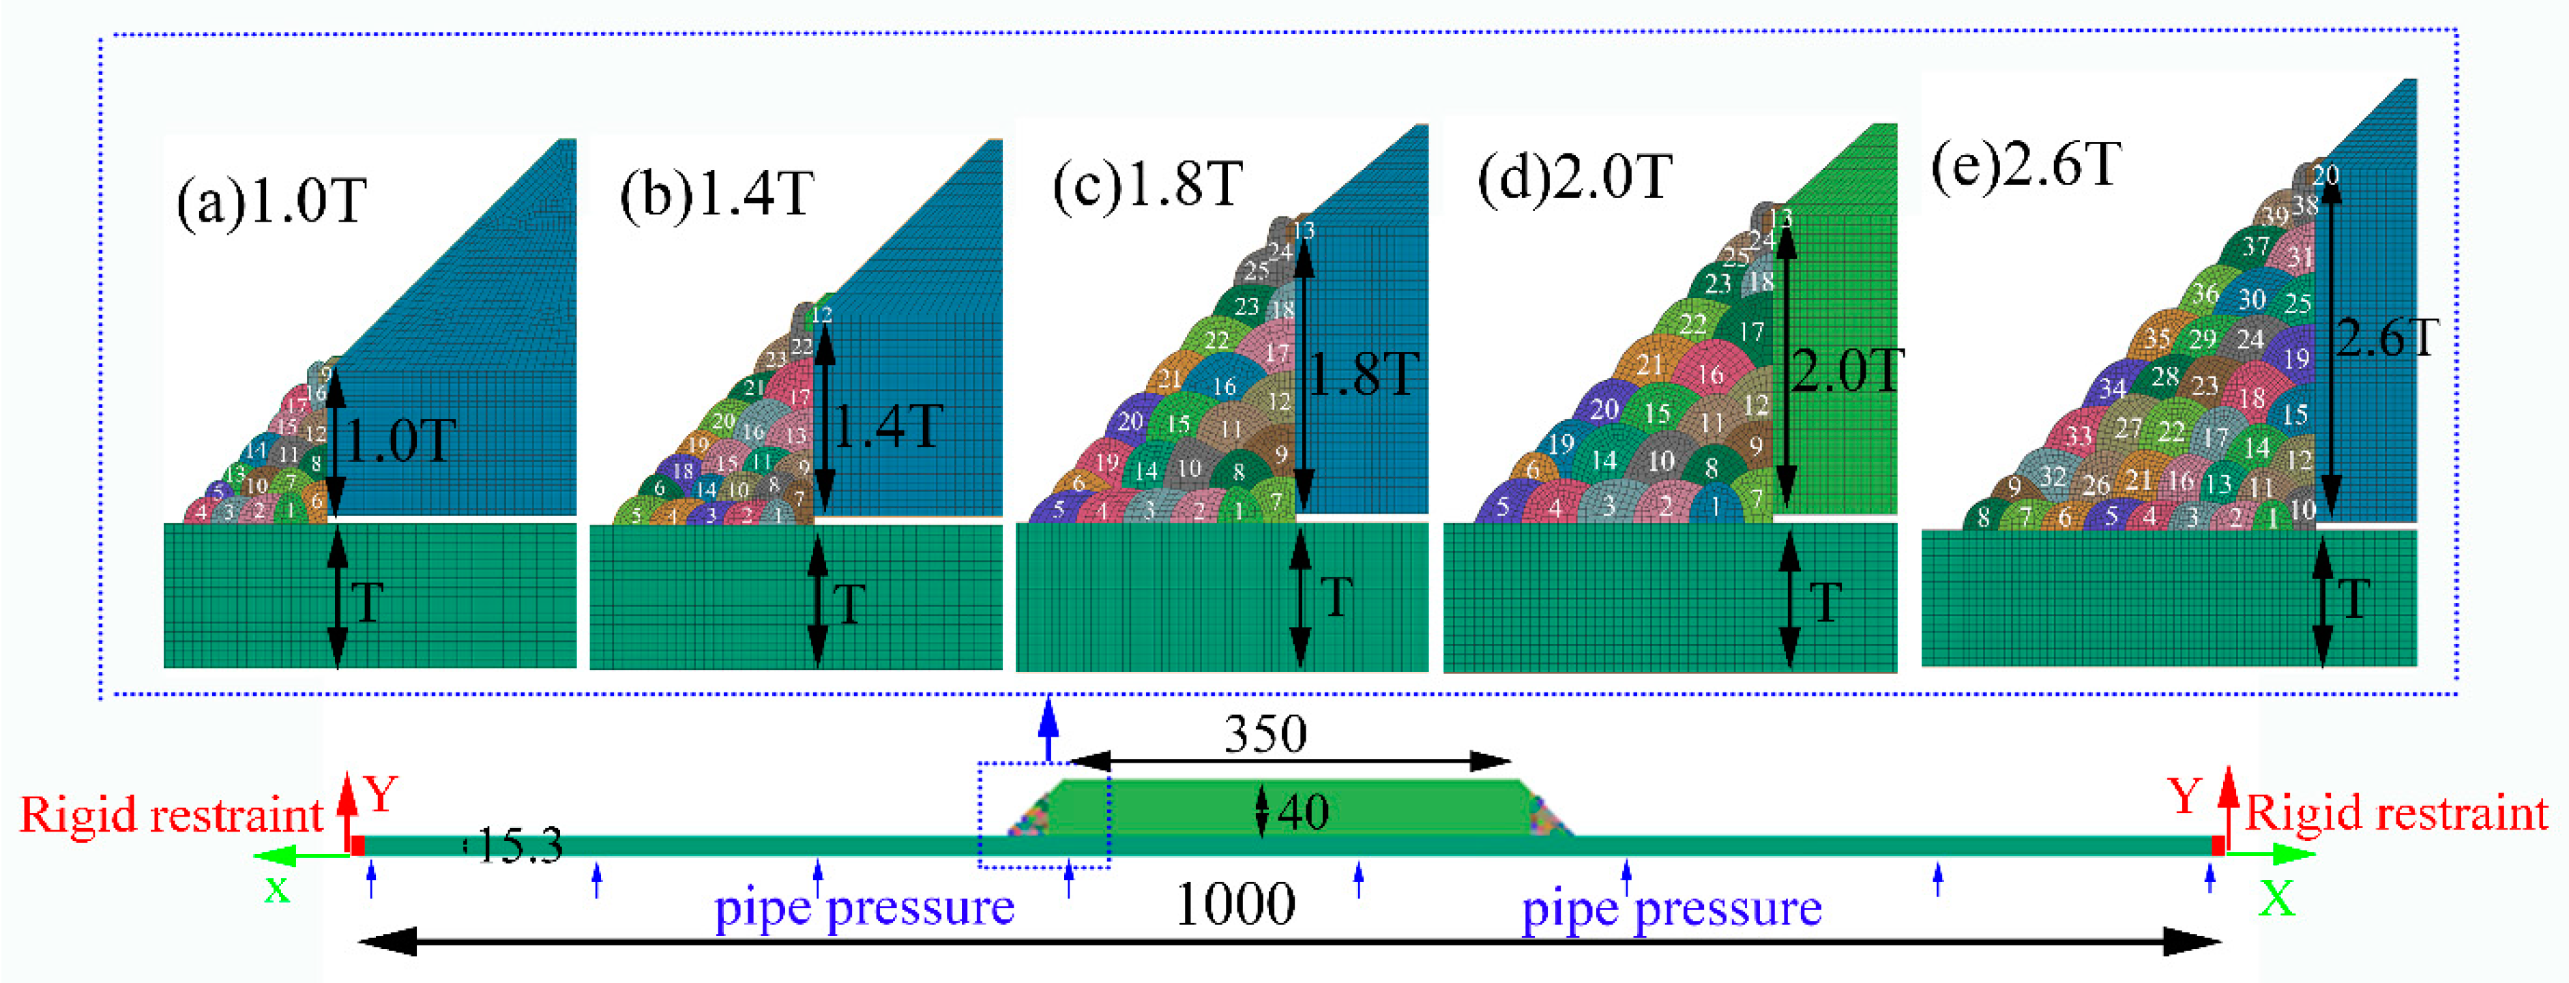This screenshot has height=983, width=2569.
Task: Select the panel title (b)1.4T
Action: [717, 194]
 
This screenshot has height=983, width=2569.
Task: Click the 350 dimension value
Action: [1265, 735]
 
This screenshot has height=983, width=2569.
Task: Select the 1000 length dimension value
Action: [1235, 905]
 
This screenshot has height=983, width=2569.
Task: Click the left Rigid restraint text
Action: [171, 815]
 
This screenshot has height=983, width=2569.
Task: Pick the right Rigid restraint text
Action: [2396, 815]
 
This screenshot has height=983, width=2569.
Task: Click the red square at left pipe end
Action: [357, 845]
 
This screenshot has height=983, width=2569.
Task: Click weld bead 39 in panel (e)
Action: [2275, 216]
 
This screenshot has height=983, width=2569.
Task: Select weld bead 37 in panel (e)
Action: [2256, 246]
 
